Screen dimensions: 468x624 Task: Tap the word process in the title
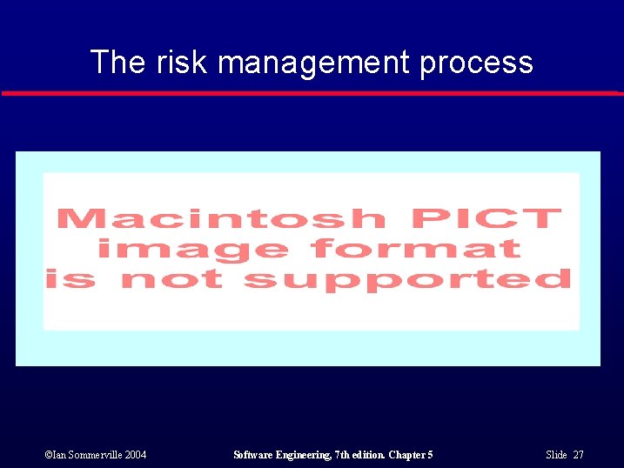point(476,64)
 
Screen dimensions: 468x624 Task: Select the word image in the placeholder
point(192,249)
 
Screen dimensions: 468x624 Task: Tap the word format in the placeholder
point(416,249)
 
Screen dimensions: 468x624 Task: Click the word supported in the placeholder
point(406,280)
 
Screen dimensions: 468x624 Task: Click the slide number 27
point(579,455)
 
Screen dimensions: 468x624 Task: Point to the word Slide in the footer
point(556,455)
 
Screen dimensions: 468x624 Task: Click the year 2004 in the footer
point(135,455)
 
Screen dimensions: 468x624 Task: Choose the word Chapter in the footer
point(406,455)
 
